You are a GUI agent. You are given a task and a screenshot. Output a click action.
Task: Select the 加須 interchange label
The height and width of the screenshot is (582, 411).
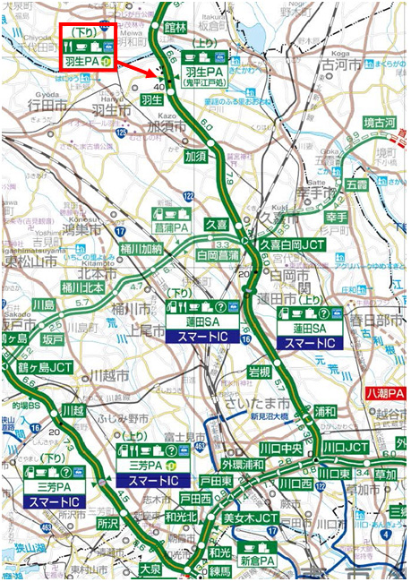[195, 154]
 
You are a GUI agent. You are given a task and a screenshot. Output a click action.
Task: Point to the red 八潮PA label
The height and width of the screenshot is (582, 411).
[386, 392]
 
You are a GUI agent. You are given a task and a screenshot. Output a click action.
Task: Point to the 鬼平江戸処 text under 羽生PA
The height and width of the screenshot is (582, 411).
[209, 82]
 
